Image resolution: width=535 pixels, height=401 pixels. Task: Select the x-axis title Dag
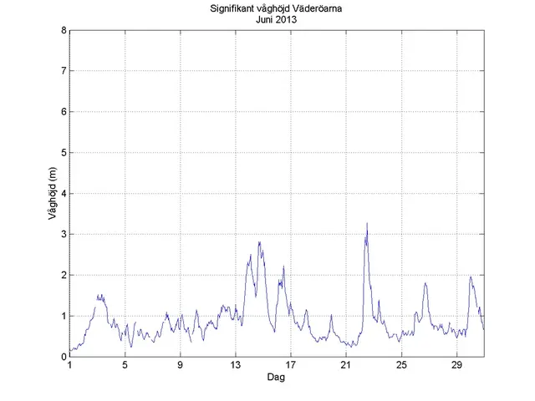(276, 378)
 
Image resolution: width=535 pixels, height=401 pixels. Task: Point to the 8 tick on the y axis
(64, 31)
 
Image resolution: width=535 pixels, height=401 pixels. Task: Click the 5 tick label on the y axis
(64, 153)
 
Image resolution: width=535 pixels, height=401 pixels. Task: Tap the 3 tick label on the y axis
(64, 235)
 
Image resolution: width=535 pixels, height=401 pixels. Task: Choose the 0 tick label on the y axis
(64, 357)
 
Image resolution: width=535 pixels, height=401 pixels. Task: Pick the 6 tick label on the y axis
(64, 112)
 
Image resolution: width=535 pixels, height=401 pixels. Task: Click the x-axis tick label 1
(70, 366)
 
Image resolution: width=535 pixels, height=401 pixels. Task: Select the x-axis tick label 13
(236, 366)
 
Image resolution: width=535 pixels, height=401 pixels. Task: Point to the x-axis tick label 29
(456, 366)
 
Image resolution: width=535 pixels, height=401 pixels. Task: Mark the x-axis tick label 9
(181, 366)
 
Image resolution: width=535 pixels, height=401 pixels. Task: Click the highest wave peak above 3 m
(367, 224)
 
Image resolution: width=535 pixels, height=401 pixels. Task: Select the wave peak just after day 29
(471, 277)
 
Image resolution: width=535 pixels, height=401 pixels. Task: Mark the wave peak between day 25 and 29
(425, 283)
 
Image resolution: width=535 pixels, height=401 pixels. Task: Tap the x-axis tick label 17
(291, 366)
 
